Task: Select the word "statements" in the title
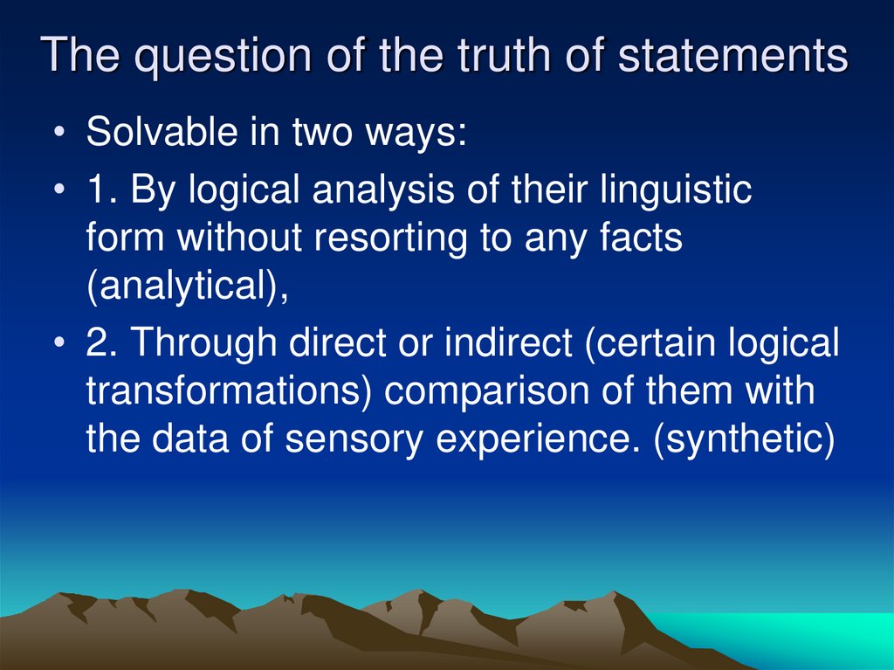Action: pos(732,57)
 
